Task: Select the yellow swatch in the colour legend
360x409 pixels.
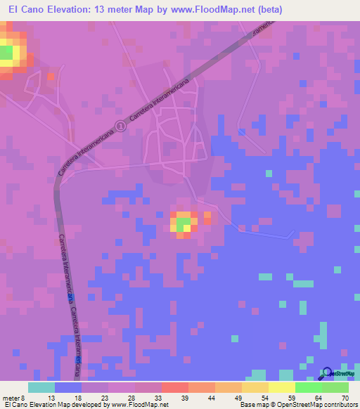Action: [x=281, y=387]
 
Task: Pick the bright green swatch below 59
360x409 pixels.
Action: [x=308, y=387]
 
